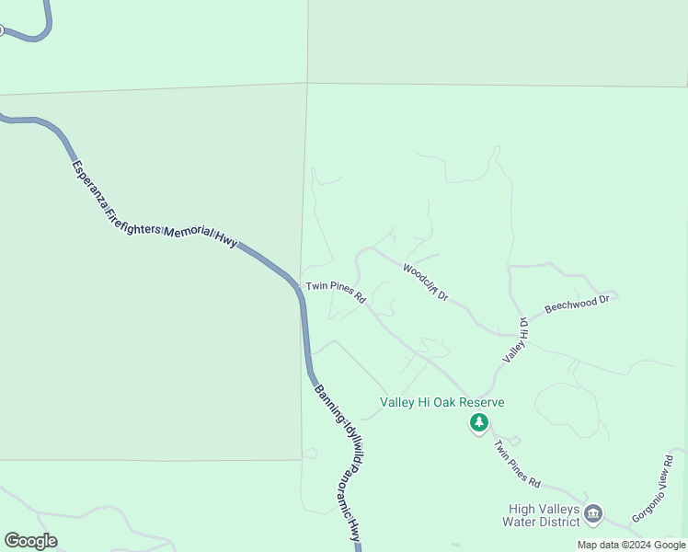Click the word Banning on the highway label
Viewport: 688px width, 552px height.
pyautogui.click(x=325, y=400)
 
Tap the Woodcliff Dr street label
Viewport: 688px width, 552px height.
pyautogui.click(x=425, y=282)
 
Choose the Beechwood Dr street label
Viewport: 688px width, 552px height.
pyautogui.click(x=578, y=304)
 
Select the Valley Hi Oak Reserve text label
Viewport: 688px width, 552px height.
pyautogui.click(x=443, y=403)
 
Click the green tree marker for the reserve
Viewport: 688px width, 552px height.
pyautogui.click(x=478, y=423)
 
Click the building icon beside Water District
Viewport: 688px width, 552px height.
pyautogui.click(x=593, y=512)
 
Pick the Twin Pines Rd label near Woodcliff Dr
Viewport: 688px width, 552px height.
pyautogui.click(x=337, y=292)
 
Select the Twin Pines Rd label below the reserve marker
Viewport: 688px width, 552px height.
pyautogui.click(x=516, y=464)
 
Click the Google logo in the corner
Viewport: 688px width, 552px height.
pyautogui.click(x=30, y=541)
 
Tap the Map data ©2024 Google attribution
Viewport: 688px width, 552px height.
pyautogui.click(x=631, y=545)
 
